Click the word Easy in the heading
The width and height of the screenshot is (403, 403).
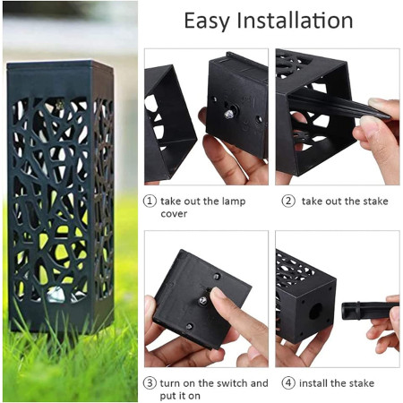click(x=207, y=21)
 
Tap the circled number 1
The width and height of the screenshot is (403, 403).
click(x=150, y=201)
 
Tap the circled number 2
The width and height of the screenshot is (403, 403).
click(x=287, y=201)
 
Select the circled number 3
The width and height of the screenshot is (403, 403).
click(x=150, y=383)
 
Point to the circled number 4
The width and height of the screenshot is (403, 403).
click(x=287, y=383)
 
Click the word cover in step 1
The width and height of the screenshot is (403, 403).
click(x=175, y=215)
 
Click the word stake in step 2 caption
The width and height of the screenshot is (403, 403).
click(x=373, y=201)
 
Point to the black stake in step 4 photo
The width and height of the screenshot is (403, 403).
click(x=362, y=311)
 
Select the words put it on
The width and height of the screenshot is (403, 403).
click(x=179, y=396)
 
